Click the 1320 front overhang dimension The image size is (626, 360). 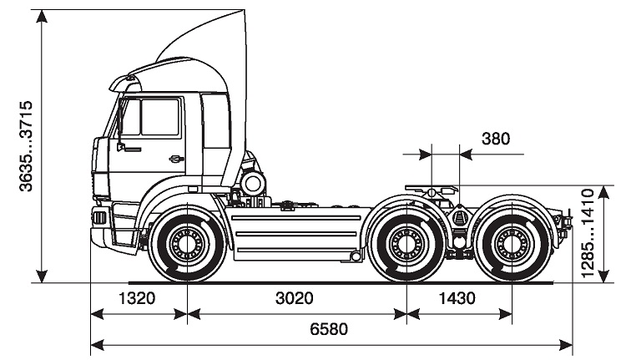pyautogui.click(x=137, y=298)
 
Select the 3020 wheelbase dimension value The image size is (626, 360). pyautogui.click(x=295, y=298)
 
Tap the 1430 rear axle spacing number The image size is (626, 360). pyautogui.click(x=457, y=298)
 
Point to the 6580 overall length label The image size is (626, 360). pyautogui.click(x=329, y=329)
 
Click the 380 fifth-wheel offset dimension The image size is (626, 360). pyautogui.click(x=496, y=139)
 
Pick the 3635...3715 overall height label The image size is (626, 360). pyautogui.click(x=26, y=146)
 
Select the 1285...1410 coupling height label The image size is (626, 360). pyautogui.click(x=588, y=233)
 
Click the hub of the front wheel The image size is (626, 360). pyautogui.click(x=187, y=243)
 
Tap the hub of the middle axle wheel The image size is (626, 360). pyautogui.click(x=406, y=243)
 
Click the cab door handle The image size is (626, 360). pyautogui.click(x=176, y=159)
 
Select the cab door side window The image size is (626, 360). pyautogui.click(x=159, y=117)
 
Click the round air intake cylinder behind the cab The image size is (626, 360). pyautogui.click(x=253, y=184)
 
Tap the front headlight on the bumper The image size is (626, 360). pyautogui.click(x=99, y=218)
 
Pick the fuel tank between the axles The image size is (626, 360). pyautogui.click(x=295, y=234)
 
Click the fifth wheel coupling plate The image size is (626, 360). pyautogui.click(x=432, y=187)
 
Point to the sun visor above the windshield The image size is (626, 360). pyautogui.click(x=125, y=84)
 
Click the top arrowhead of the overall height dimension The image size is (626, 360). pyautogui.click(x=42, y=16)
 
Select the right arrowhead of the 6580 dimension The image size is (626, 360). pyautogui.click(x=566, y=344)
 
